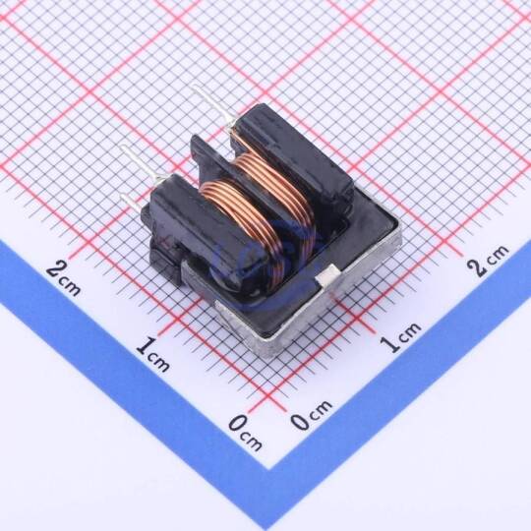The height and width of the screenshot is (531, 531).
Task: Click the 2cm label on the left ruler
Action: click(64, 278)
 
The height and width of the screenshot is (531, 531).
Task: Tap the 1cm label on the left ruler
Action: click(152, 355)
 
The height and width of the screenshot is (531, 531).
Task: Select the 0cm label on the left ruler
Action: click(245, 433)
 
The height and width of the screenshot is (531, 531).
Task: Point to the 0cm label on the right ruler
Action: click(311, 415)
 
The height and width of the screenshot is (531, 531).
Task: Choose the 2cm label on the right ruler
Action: click(488, 260)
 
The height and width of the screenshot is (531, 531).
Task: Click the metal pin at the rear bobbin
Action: click(211, 106)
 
